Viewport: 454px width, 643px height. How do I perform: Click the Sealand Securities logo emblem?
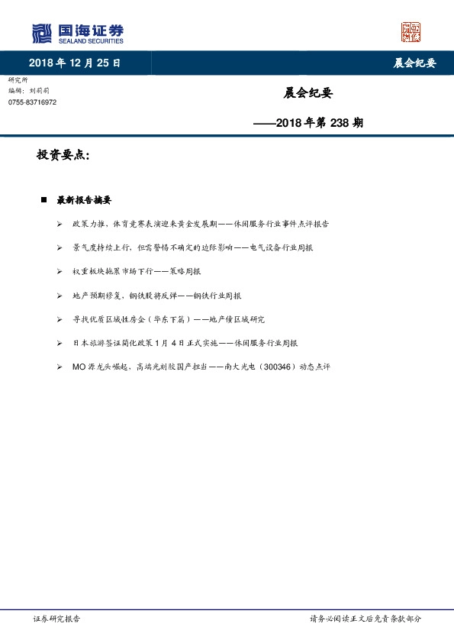point(42,33)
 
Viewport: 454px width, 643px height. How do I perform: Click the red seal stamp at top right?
point(411,32)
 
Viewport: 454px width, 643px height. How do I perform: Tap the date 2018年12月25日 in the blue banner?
point(74,63)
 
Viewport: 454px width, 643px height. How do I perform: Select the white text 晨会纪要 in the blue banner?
point(414,63)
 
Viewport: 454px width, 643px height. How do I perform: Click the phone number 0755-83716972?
point(32,102)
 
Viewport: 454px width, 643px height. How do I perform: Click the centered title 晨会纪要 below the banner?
point(307,93)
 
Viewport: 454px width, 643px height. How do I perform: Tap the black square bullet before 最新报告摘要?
point(43,201)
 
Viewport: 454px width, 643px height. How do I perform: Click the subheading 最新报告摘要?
point(84,201)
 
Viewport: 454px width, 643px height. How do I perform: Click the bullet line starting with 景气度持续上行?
point(192,248)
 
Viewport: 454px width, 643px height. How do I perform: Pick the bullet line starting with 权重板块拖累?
point(137,271)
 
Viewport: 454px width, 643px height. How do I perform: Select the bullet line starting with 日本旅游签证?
point(185,344)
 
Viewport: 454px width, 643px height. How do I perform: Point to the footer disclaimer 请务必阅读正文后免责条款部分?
point(365,619)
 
